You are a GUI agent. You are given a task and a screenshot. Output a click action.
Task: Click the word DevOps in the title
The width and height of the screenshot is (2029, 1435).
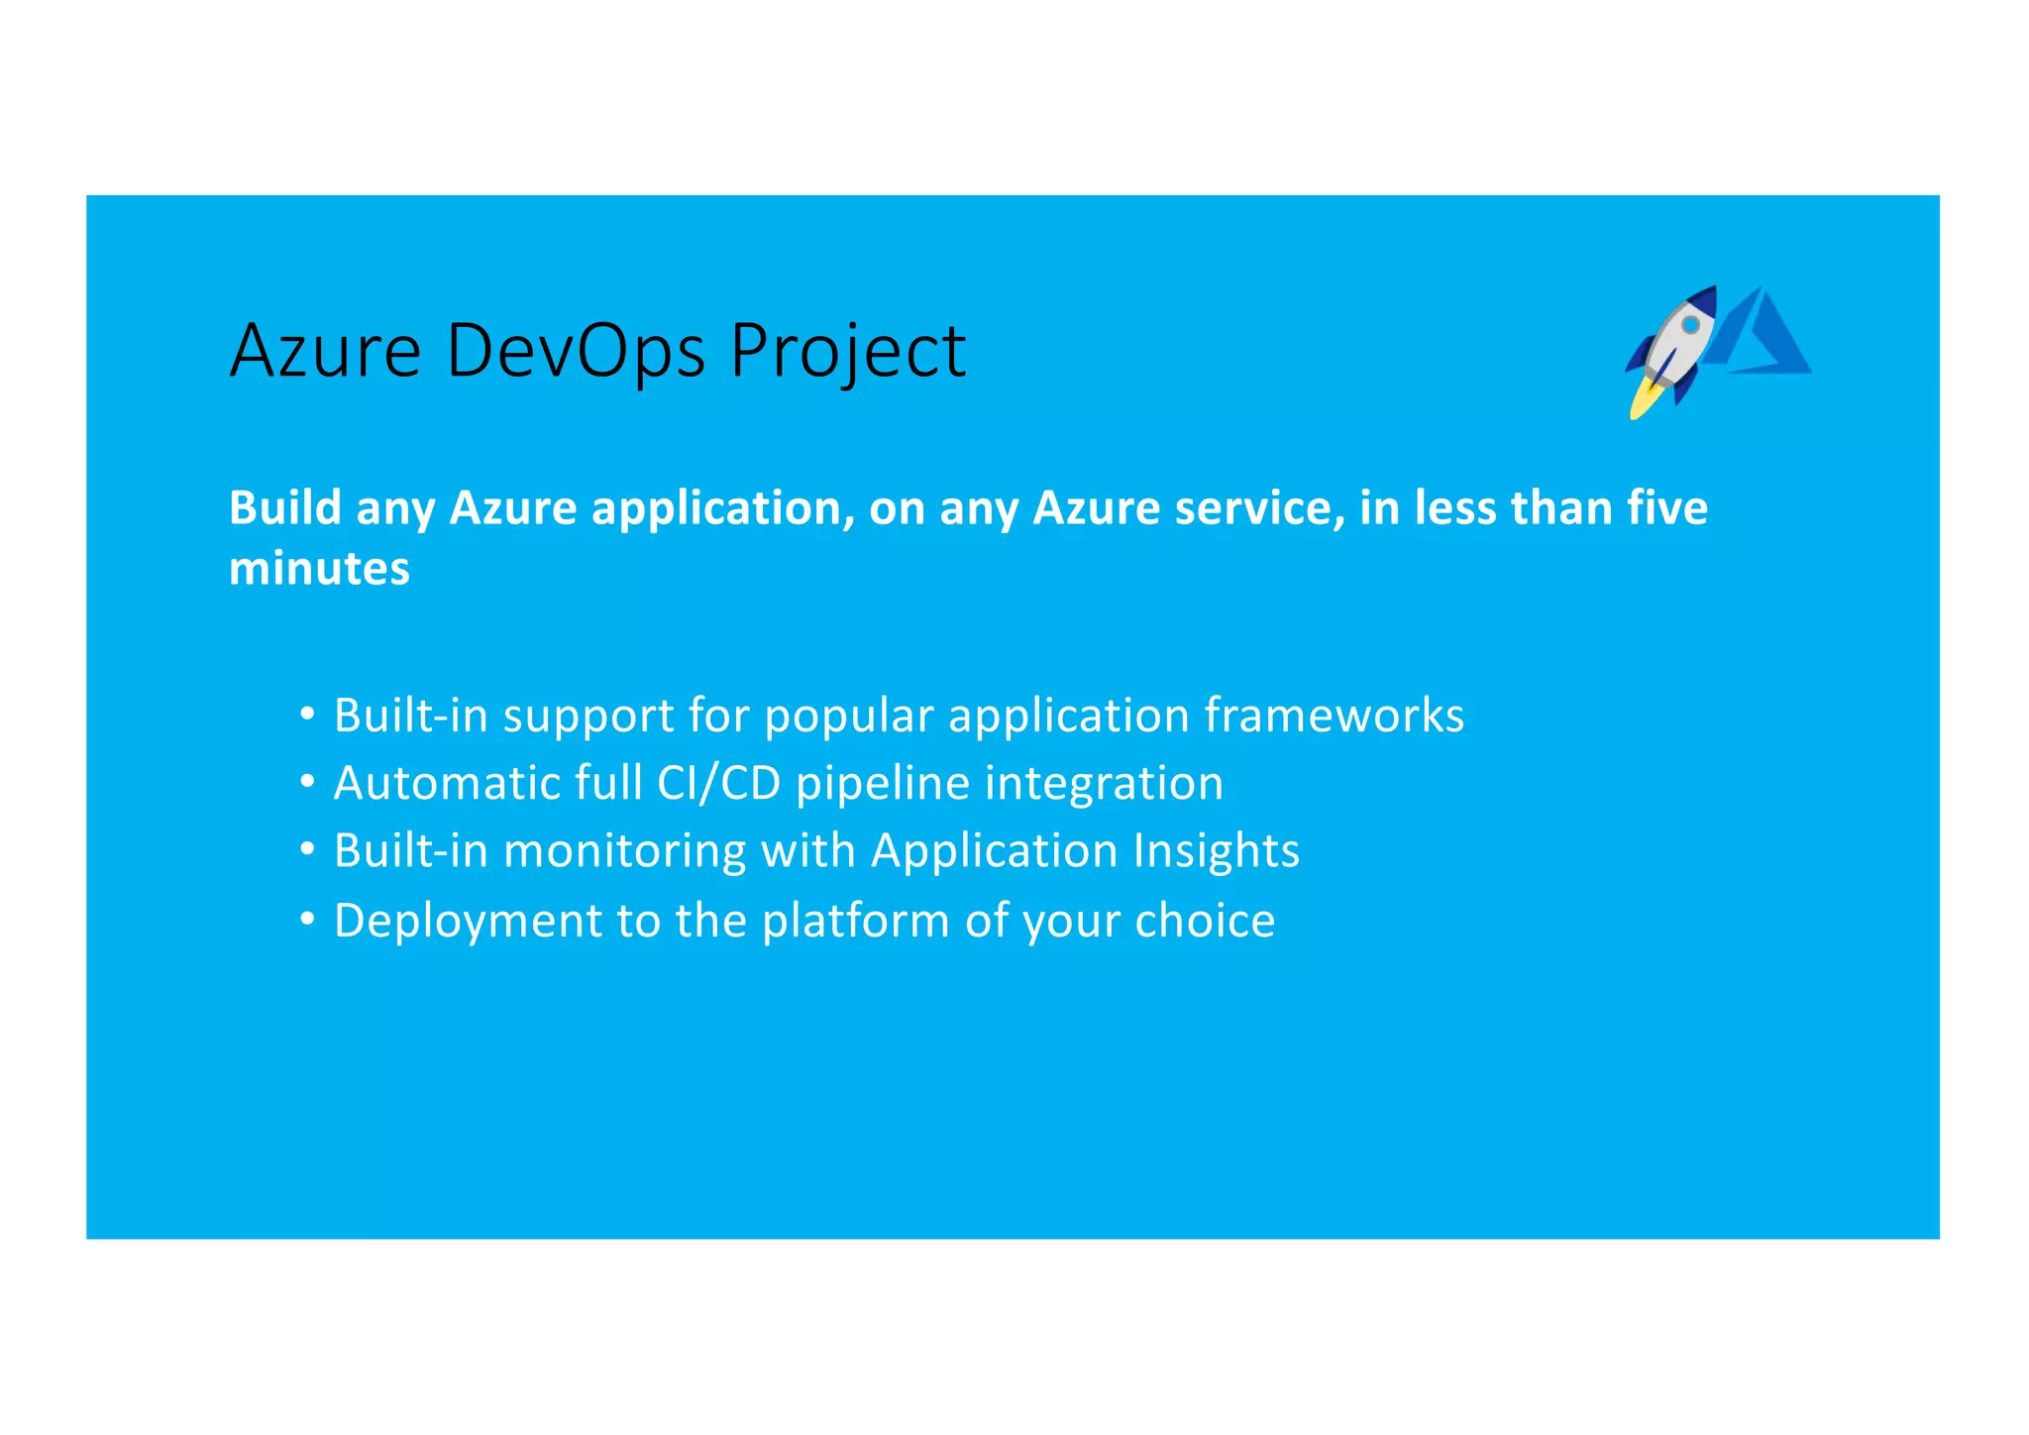pos(576,351)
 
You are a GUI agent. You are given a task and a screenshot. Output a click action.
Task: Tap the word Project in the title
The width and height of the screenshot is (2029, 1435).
pos(847,353)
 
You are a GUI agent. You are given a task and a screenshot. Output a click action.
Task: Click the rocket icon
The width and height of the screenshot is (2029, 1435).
pos(1673,347)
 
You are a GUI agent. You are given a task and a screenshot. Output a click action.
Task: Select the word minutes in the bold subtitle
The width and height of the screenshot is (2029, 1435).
pos(319,569)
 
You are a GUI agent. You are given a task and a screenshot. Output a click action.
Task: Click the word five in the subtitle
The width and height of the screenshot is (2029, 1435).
pos(1667,507)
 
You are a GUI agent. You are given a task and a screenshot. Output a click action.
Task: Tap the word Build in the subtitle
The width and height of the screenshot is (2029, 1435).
pos(285,507)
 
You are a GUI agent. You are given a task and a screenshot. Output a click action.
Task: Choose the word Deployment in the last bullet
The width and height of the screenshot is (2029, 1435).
pos(468,922)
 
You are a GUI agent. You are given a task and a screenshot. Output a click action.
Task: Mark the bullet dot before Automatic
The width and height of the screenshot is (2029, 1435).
pos(308,782)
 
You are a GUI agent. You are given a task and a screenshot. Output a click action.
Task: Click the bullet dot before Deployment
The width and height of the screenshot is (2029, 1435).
pos(308,920)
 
